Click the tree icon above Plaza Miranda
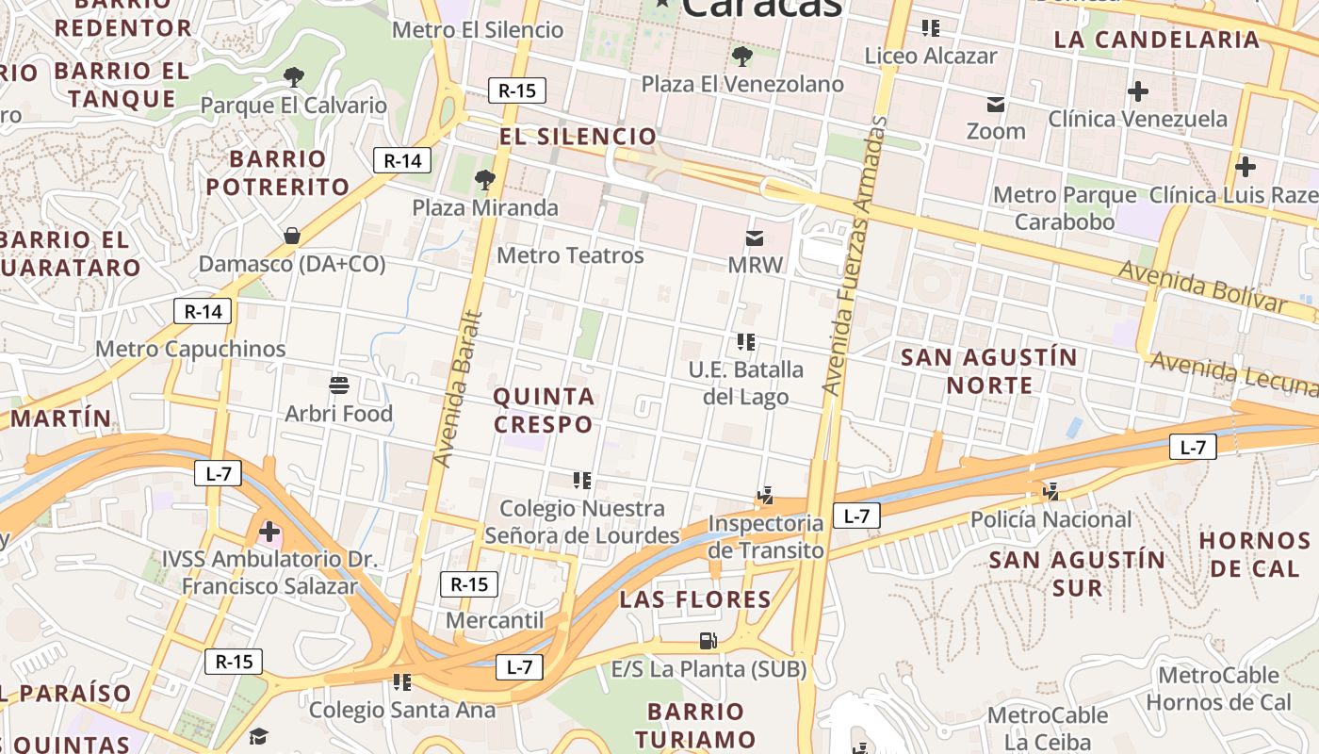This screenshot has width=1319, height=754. pos(485,178)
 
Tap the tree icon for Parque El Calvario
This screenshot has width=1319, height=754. pos(294,76)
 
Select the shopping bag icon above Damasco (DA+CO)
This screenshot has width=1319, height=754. pos(292,235)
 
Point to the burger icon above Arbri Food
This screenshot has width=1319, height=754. pos(339,385)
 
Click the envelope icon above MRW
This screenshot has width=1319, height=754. pos(755,237)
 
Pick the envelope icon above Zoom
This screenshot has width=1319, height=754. pos(996,104)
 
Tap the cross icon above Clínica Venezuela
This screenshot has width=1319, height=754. pos(1138,91)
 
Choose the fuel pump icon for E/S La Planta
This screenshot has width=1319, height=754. pos(708,641)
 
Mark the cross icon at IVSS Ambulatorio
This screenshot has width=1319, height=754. pos(269,532)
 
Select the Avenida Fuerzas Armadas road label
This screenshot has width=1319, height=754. pos(855,254)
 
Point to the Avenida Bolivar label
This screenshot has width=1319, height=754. pos(1202,286)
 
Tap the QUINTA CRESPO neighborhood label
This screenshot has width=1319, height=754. pos(544,410)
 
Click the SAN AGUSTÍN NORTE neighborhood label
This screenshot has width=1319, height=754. pos(988,370)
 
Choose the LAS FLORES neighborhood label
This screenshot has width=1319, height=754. pos(695,599)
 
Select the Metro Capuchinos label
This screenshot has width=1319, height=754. pos(190,349)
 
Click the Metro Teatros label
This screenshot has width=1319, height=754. pos(570,255)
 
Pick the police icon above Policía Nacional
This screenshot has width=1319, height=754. pos(1051,491)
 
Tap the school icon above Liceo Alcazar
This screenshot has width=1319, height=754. pos(931,28)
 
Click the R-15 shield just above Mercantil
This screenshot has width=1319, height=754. pos(469,584)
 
